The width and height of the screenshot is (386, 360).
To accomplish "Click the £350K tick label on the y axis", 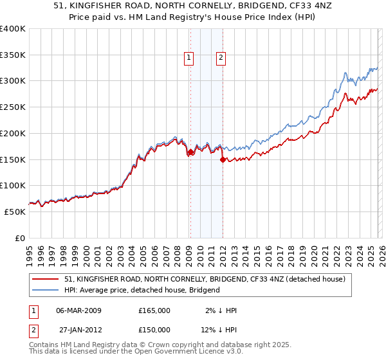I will pyautogui.click(x=13, y=55).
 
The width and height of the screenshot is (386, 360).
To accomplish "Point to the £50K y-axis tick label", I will pyautogui.click(x=15, y=212).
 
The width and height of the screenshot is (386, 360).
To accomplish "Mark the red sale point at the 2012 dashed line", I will pyautogui.click(x=223, y=160).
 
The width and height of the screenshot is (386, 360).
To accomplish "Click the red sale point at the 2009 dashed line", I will pyautogui.click(x=190, y=152).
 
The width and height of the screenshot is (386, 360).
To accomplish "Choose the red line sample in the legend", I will pyautogui.click(x=46, y=279).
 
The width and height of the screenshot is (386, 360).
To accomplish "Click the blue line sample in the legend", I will pyautogui.click(x=46, y=290).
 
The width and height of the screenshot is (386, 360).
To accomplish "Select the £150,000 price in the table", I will pyautogui.click(x=154, y=329).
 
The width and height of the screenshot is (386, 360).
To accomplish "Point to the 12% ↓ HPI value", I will pyautogui.click(x=219, y=329).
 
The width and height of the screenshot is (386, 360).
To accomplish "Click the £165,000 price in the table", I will pyautogui.click(x=154, y=310).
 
